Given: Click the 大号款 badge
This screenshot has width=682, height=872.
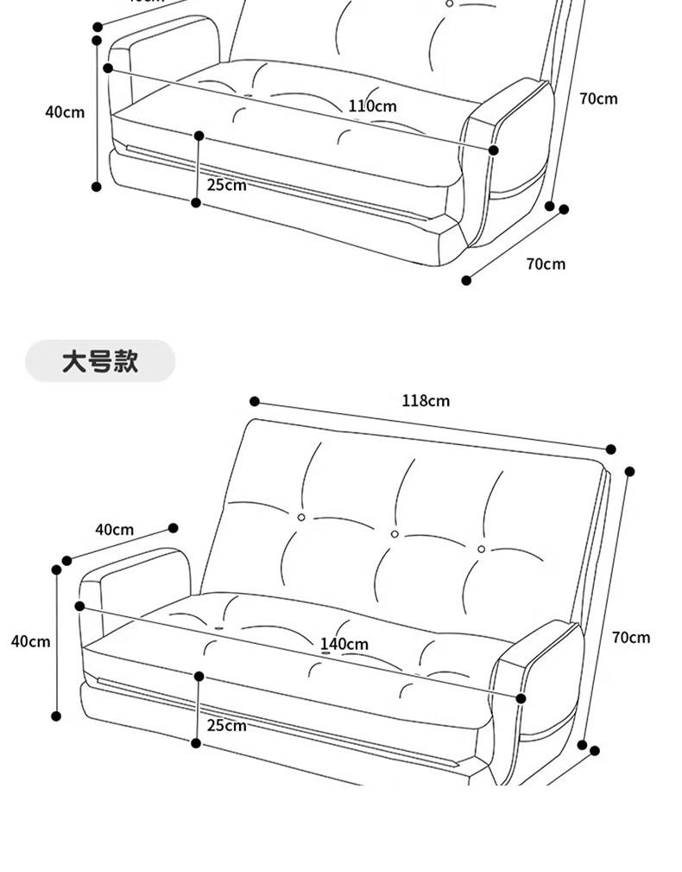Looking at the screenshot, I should pos(99,361).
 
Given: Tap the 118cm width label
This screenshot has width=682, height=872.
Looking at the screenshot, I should pos(426,401).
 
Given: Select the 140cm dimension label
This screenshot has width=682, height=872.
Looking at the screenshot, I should pos(344,644).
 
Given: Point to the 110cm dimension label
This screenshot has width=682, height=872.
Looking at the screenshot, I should pos(373,106).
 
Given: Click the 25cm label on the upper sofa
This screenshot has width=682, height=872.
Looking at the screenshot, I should pos(226,185).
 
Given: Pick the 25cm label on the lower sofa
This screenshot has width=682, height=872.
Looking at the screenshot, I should pos(226,725).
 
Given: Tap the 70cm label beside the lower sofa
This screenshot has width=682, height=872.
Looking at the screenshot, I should pos(631,638).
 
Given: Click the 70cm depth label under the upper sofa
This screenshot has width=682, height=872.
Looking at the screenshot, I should pos(546,264).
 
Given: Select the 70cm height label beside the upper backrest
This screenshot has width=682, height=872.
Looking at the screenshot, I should pos(598,99).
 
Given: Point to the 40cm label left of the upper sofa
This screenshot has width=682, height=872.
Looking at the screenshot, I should pos(65,111).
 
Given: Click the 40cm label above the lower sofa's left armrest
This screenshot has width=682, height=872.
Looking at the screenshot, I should pos(114,529).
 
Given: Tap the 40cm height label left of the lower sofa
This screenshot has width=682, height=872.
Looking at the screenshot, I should pos(30,641).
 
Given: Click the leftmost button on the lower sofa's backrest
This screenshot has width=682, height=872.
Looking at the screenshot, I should pos(301,517).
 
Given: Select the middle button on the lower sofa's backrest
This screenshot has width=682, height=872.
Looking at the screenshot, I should pos(395,534).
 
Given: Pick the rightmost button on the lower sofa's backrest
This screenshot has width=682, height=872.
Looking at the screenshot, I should pos(482,549).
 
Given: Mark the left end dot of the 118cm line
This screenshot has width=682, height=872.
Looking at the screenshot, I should pos(255,402).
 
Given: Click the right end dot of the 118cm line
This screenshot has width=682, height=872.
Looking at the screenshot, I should pos(611,449).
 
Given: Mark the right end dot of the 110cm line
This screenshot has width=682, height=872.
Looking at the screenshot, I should pos(494,150).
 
